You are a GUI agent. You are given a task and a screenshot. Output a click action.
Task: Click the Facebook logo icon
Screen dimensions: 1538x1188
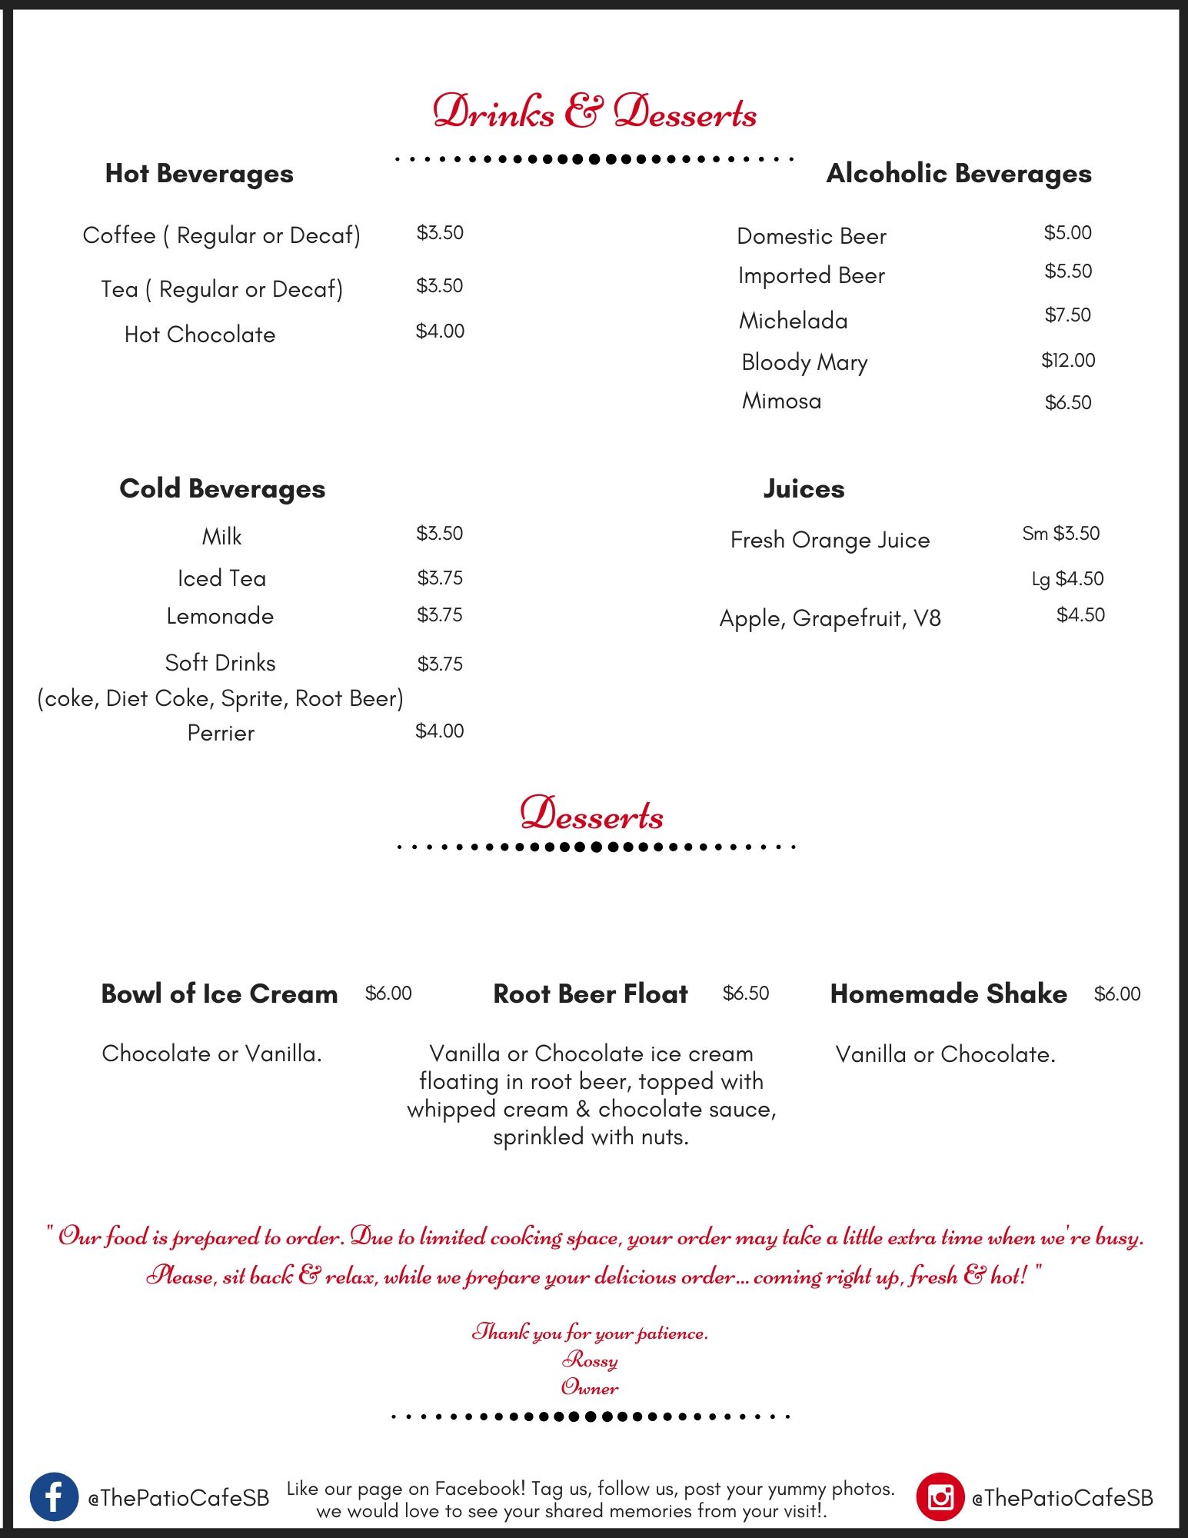54,1496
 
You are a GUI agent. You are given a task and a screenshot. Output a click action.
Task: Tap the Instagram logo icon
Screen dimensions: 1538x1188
940,1496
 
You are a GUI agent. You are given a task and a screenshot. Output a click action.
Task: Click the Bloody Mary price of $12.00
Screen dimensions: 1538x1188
1068,360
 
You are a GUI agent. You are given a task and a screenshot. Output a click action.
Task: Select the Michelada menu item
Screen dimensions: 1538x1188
793,321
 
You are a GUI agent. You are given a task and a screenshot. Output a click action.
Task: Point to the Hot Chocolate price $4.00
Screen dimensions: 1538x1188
440,331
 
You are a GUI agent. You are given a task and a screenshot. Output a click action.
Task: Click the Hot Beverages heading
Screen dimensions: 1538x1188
199,174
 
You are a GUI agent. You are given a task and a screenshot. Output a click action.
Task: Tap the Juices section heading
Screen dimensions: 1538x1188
804,489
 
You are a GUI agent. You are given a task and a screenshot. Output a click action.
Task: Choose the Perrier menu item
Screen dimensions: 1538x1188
221,733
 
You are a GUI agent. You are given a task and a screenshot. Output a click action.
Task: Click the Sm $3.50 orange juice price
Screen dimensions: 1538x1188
1060,534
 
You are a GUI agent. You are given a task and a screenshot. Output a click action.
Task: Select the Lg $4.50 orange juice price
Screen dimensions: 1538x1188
1067,578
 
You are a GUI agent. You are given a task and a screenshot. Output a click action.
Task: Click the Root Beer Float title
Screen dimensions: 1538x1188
591,994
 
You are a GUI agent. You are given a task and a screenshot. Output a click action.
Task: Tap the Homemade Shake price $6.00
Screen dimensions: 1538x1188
1117,994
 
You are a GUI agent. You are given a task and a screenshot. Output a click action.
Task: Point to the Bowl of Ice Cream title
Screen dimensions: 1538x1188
219,994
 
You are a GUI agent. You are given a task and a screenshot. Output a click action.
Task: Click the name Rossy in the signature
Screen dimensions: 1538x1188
590,1360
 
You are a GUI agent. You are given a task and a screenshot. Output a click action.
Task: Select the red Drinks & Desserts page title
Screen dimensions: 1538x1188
594,112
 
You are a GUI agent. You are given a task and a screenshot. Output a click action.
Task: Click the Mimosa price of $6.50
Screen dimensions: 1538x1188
1068,402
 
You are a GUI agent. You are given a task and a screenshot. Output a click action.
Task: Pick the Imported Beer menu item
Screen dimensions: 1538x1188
811,275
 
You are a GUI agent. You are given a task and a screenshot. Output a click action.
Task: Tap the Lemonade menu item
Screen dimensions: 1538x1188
220,616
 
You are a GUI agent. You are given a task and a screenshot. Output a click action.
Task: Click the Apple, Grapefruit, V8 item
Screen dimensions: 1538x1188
830,618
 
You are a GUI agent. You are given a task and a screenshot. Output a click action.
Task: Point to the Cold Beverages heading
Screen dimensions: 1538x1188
222,489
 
